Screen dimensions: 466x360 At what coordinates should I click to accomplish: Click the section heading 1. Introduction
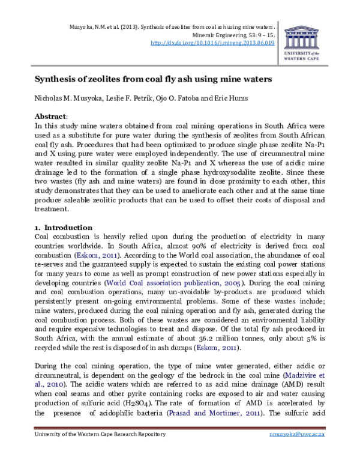[x=62, y=228]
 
